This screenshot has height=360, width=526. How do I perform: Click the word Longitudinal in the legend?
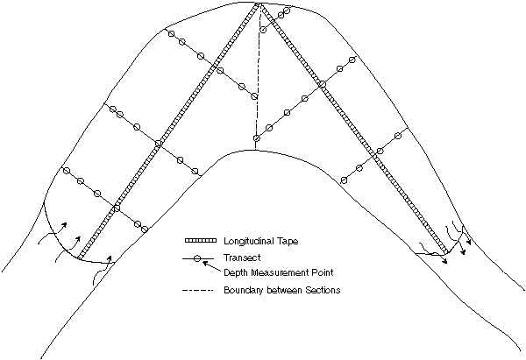pyautogui.click(x=248, y=241)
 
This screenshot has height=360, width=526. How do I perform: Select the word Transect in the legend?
pyautogui.click(x=242, y=258)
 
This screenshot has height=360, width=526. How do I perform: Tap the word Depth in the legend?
pyautogui.click(x=235, y=272)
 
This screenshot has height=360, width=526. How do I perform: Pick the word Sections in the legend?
pyautogui.click(x=323, y=290)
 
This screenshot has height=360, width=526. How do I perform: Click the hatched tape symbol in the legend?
pyautogui.click(x=201, y=241)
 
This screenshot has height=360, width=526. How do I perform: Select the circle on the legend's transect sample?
pyautogui.click(x=197, y=258)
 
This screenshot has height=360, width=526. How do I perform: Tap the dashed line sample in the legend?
pyautogui.click(x=197, y=290)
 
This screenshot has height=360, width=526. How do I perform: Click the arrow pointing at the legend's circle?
pyautogui.click(x=211, y=267)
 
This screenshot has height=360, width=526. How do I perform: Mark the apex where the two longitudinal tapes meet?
pyautogui.click(x=259, y=4)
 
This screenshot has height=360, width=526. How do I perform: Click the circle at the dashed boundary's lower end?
pyautogui.click(x=257, y=138)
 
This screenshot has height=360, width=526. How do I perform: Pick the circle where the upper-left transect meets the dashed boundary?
pyautogui.click(x=254, y=96)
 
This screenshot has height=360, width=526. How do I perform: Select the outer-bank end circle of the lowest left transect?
pyautogui.click(x=67, y=171)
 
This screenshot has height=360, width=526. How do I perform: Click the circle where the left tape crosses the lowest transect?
pyautogui.click(x=117, y=208)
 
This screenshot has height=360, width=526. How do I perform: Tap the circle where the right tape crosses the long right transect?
pyautogui.click(x=322, y=84)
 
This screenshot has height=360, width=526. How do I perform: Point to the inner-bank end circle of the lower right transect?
pyautogui.click(x=344, y=180)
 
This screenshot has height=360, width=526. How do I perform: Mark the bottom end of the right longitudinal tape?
pyautogui.click(x=446, y=251)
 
